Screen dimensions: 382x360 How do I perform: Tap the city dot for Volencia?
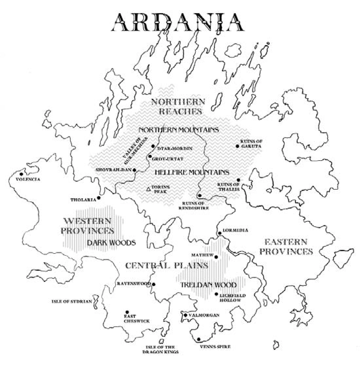(21, 174)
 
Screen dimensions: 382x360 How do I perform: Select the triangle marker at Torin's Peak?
(148, 189)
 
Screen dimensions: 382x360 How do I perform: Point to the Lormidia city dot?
(220, 233)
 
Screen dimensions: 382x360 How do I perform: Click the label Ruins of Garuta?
(251, 144)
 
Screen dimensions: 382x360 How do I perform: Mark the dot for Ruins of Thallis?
(238, 180)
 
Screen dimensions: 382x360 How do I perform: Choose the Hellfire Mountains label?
(191, 172)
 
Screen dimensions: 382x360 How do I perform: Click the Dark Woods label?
(111, 243)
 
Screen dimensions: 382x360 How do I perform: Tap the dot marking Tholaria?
(99, 198)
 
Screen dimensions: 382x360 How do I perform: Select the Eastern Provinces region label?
(288, 247)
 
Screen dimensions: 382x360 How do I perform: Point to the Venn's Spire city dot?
(198, 339)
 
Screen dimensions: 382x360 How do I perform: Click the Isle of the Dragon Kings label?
(161, 349)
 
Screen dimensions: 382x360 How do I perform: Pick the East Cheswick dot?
(127, 312)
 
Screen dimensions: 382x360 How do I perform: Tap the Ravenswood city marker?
(153, 284)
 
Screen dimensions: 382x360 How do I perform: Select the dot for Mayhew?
(216, 257)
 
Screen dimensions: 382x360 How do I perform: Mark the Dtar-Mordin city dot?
(153, 146)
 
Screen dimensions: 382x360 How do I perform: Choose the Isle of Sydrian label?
(72, 302)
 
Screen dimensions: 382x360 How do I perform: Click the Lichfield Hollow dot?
(216, 294)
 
